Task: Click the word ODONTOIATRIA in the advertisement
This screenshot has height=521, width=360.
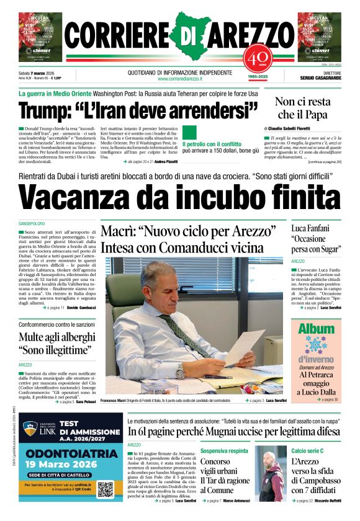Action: tap(63, 455)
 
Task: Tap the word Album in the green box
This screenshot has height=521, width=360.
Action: tap(317, 329)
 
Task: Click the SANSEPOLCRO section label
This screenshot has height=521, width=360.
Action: tap(36, 223)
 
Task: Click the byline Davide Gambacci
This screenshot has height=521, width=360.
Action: tap(81, 308)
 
